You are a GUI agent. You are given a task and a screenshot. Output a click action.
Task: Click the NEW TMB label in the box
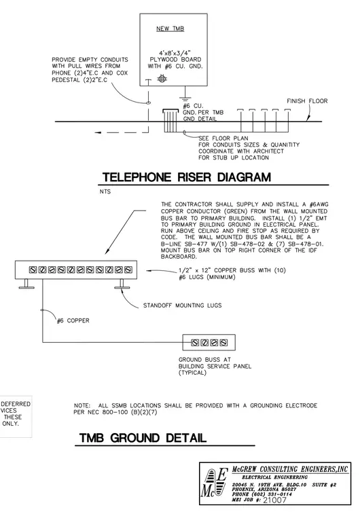pos(170,29)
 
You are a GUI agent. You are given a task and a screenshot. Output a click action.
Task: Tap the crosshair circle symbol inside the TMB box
pos(162,79)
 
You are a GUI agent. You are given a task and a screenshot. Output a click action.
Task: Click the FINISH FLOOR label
pos(307,101)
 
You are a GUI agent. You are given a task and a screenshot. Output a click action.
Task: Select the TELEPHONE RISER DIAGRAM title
pos(187,177)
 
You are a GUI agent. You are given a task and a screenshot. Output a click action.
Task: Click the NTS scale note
pos(105,191)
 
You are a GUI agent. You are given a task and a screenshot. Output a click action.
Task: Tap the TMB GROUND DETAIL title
pos(143,438)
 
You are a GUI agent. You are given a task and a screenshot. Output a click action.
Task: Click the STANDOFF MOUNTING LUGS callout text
pos(182,306)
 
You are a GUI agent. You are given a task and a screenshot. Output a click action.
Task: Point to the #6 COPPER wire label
pos(73,320)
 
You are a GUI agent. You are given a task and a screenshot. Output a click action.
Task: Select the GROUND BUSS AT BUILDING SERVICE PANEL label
pos(215,366)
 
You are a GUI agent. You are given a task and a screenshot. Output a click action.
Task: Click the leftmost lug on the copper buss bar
pos(33,270)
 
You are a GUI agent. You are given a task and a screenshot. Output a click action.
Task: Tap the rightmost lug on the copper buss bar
pos(128,270)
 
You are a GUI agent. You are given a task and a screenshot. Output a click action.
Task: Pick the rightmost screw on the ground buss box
pos(223,343)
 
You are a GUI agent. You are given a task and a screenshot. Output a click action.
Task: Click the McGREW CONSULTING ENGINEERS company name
pos(290,469)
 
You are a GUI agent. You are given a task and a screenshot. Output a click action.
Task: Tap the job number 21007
pos(274,500)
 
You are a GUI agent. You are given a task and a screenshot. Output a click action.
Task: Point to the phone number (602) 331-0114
pos(262,494)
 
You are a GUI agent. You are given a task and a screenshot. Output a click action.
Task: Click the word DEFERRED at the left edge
pos(16,404)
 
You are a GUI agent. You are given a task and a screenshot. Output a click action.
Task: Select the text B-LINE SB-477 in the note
pos(185,244)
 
